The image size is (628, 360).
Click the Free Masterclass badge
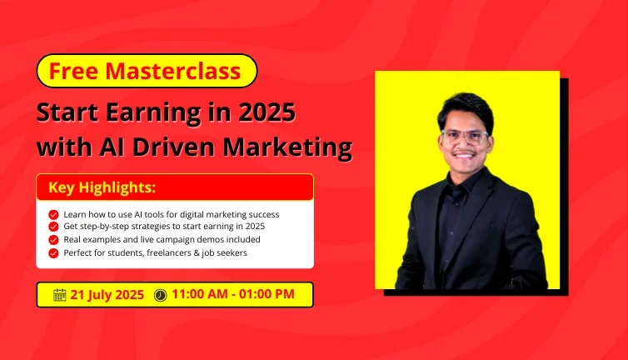click(147, 71)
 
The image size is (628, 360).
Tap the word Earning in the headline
click(153, 113)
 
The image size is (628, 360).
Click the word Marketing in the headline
click(287, 148)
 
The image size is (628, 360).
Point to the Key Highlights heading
click(102, 187)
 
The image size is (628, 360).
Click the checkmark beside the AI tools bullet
click(53, 215)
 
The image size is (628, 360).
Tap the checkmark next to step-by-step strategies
click(53, 227)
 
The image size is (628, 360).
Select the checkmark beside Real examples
click(53, 240)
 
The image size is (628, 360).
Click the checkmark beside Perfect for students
click(53, 253)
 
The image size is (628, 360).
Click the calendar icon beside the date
click(60, 295)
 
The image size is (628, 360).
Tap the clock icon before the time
click(160, 295)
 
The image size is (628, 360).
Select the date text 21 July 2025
click(107, 295)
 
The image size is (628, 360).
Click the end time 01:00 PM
click(267, 294)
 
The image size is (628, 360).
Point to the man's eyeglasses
click(465, 137)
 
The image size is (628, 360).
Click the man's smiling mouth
click(465, 156)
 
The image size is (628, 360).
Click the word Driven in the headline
click(173, 147)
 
